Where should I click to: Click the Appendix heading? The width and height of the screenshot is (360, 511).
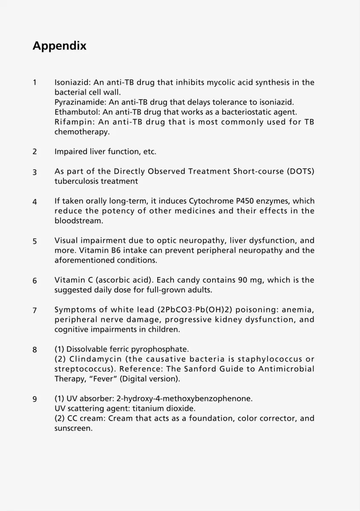[60, 46]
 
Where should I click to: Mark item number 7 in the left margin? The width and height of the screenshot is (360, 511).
[35, 310]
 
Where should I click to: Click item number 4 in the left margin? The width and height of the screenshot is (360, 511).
[35, 202]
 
